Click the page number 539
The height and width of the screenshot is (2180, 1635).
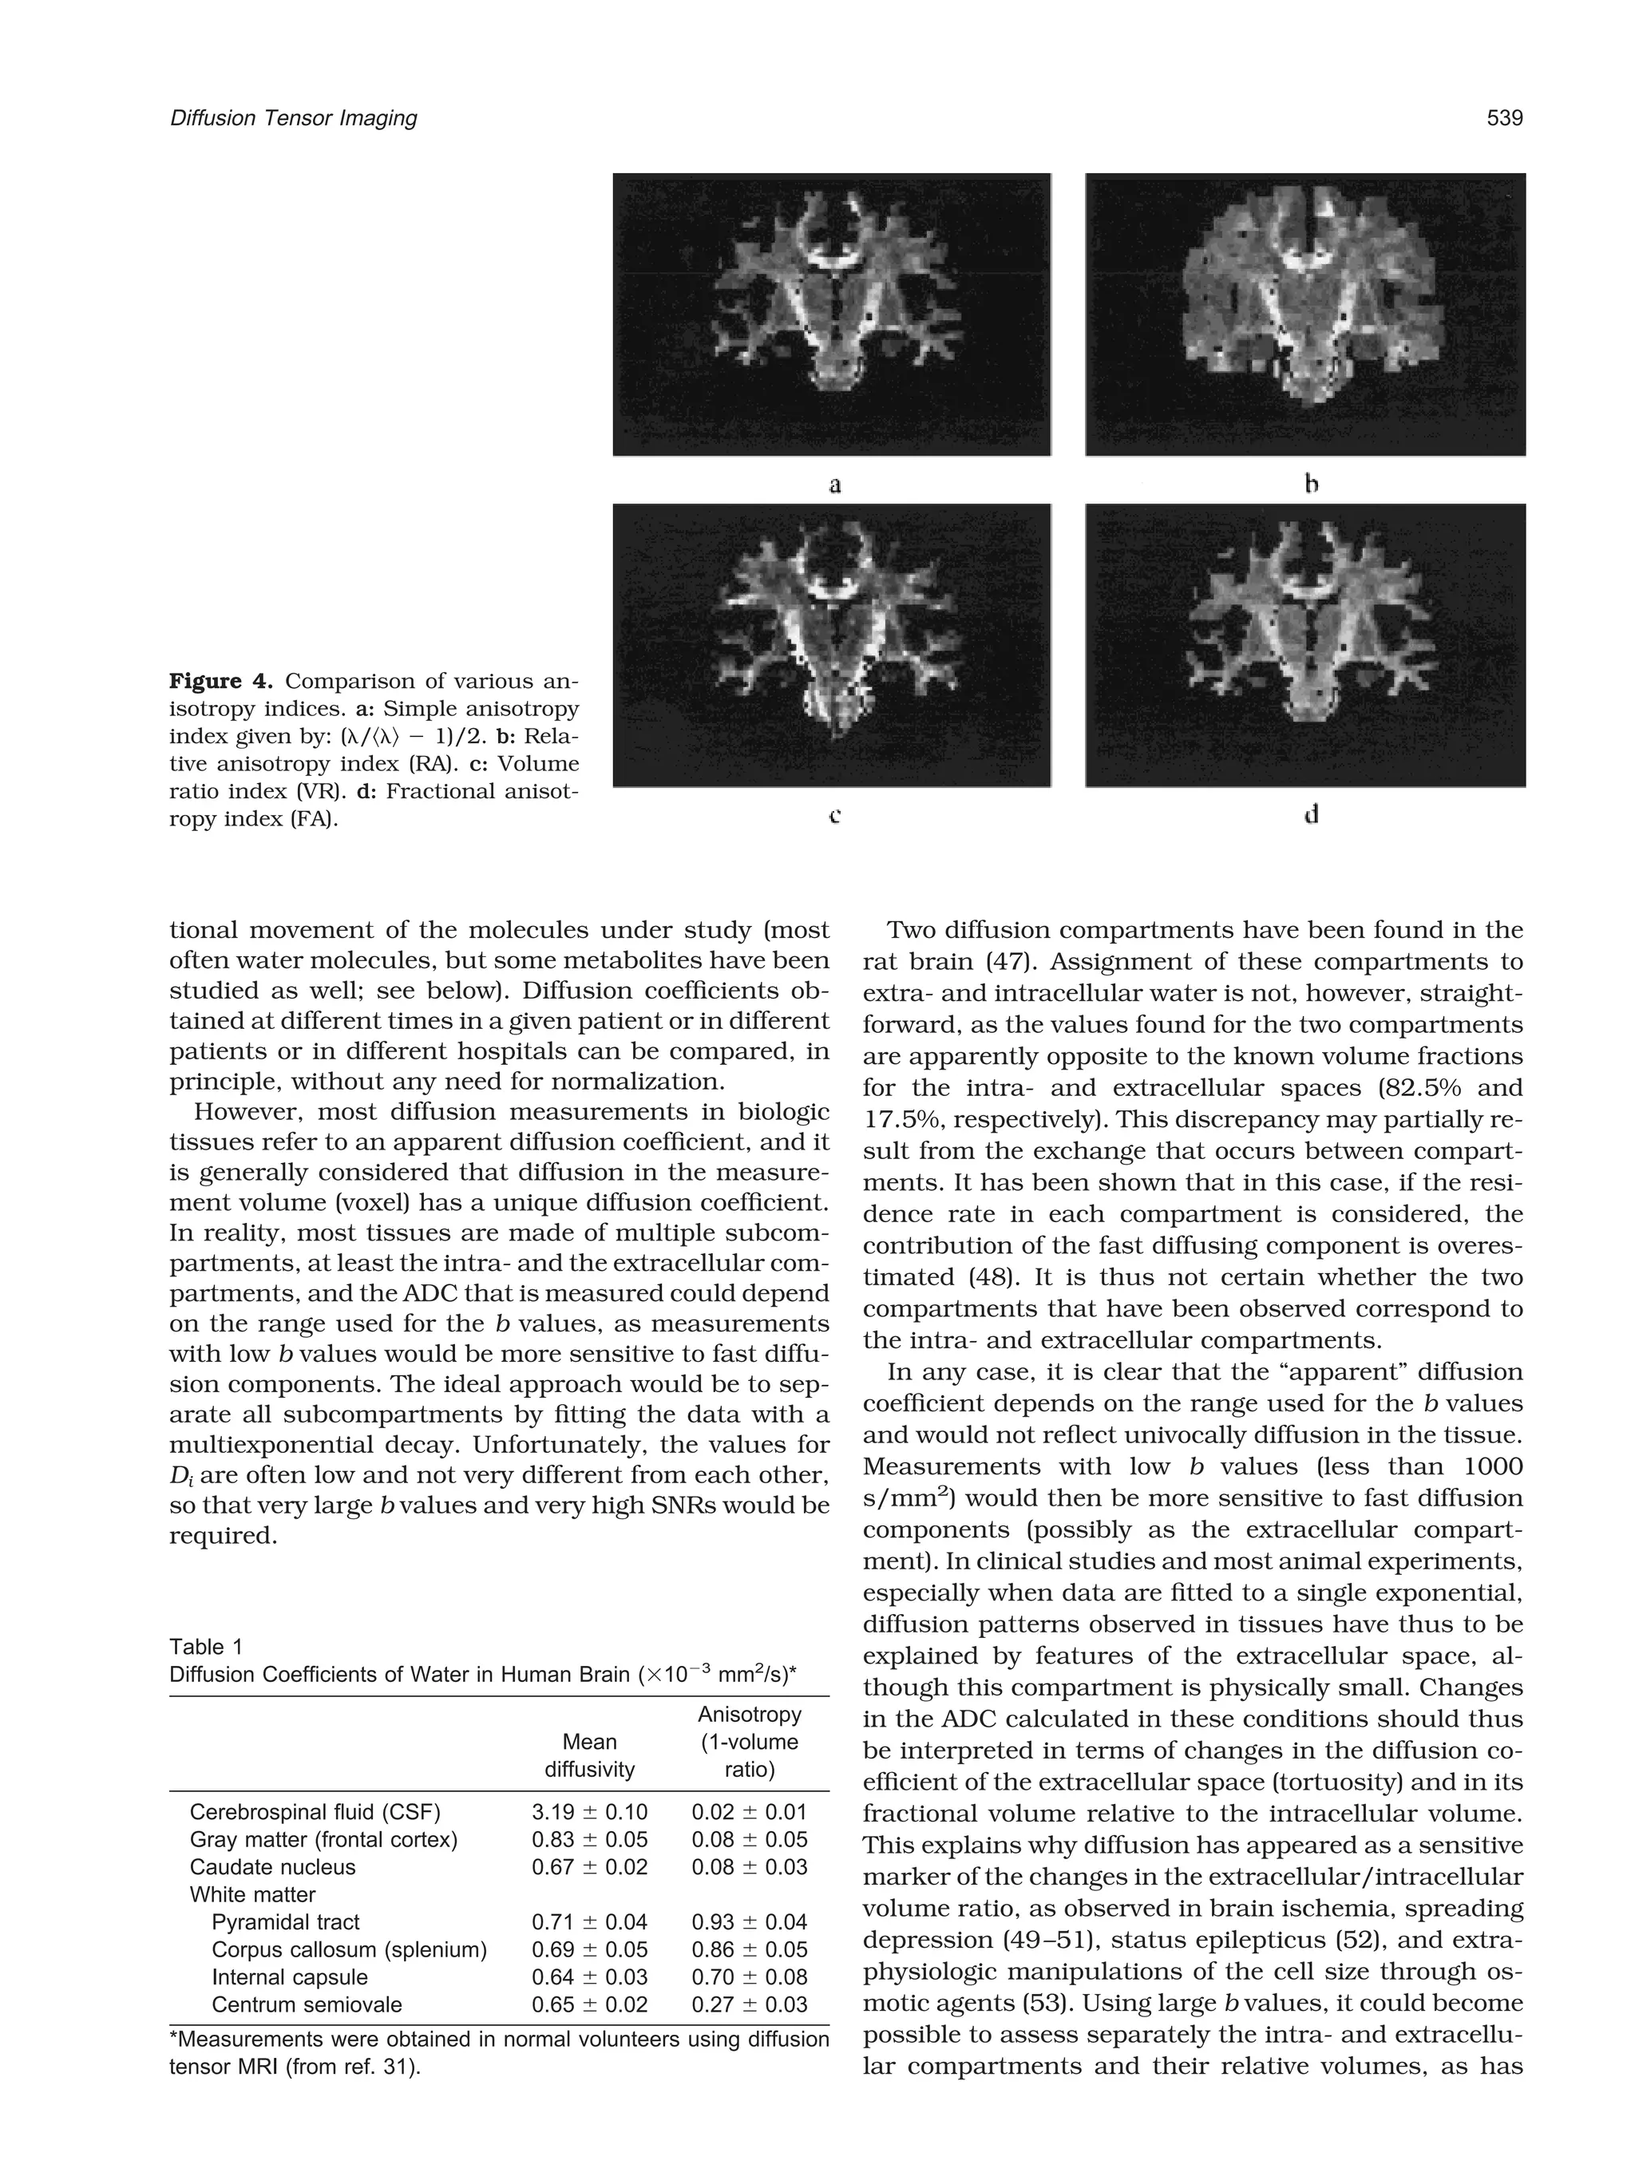(1504, 118)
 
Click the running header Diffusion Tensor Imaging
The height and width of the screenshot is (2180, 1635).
(294, 118)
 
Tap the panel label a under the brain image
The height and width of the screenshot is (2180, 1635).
(835, 484)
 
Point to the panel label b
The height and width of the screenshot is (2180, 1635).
(1311, 484)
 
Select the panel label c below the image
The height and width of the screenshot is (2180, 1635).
(835, 815)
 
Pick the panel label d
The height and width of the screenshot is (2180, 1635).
(1311, 815)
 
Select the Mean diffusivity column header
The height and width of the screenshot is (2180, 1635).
(589, 1755)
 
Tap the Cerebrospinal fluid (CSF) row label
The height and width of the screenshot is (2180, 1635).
(315, 1812)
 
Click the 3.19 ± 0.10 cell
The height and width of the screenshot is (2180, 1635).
(589, 1812)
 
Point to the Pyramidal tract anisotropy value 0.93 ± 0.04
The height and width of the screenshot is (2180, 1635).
(749, 1923)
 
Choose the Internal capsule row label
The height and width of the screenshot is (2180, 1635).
(290, 1978)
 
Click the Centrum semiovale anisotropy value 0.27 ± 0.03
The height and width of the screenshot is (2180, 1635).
(749, 2005)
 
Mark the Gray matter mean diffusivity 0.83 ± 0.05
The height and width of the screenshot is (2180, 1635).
(589, 1840)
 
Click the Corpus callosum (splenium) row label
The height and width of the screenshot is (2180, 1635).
(349, 1950)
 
